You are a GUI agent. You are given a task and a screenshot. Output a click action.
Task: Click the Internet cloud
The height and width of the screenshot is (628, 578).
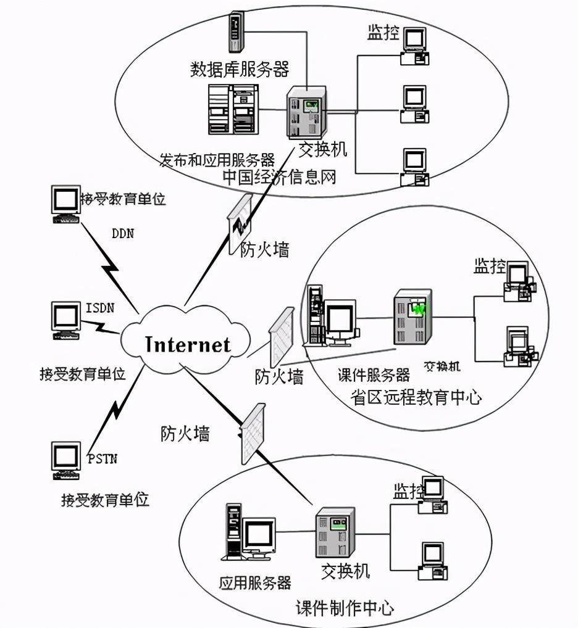(x=186, y=343)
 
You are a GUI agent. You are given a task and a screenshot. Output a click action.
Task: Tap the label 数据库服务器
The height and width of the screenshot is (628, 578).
(x=239, y=68)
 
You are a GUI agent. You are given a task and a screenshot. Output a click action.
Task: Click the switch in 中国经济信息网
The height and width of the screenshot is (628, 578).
(x=306, y=113)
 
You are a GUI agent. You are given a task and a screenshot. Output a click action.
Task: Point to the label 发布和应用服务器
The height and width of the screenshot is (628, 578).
(x=217, y=161)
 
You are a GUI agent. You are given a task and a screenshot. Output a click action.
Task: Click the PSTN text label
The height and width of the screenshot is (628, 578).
(x=102, y=459)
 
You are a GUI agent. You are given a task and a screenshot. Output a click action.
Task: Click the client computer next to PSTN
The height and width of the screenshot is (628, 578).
(x=66, y=460)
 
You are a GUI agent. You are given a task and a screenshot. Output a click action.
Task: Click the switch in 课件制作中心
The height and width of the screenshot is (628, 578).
(x=335, y=532)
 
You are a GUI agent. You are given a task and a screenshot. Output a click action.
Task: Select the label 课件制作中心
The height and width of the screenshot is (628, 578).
(x=345, y=608)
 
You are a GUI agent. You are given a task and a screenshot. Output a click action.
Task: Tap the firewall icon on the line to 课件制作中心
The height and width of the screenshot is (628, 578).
(x=253, y=434)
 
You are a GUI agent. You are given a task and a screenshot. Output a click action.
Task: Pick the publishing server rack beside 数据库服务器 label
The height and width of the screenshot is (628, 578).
(x=232, y=109)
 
